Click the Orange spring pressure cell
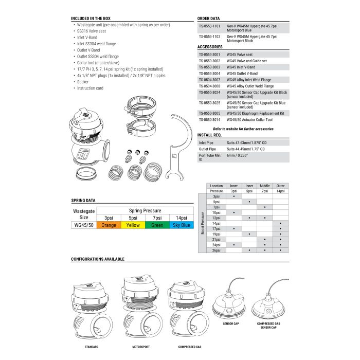[x=109, y=225]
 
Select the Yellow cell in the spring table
[x=133, y=225]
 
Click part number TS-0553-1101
[x=209, y=25]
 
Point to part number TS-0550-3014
[x=209, y=120]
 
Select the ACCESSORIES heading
[x=210, y=47]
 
